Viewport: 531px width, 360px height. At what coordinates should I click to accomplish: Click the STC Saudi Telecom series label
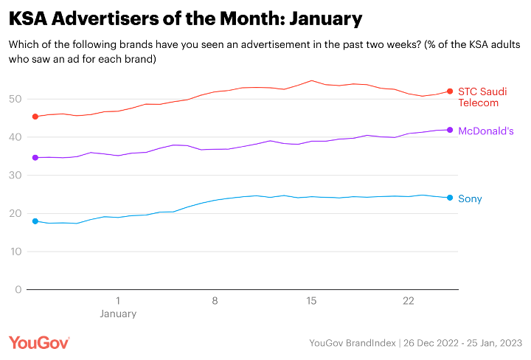(x=482, y=97)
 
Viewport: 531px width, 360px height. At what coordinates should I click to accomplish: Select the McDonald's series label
(x=486, y=131)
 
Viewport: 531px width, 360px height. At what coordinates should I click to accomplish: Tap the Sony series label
(x=470, y=198)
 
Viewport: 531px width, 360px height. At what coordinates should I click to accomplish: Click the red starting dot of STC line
(x=35, y=117)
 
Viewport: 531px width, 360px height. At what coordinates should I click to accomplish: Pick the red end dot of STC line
(x=450, y=91)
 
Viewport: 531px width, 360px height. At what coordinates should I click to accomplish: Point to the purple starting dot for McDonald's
(x=35, y=157)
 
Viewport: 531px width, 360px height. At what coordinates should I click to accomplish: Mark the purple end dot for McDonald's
(x=450, y=130)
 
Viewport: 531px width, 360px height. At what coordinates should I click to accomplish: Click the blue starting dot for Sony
(x=35, y=221)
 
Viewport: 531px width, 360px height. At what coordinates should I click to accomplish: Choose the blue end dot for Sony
(x=450, y=198)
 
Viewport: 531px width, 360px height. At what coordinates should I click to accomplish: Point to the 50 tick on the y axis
(x=15, y=99)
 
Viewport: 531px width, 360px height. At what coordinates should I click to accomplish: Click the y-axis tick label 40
(x=15, y=137)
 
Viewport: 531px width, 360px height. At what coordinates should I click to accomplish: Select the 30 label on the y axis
(x=15, y=176)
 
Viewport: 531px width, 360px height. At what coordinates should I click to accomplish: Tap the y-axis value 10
(x=15, y=252)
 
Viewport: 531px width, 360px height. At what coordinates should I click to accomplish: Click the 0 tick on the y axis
(x=18, y=290)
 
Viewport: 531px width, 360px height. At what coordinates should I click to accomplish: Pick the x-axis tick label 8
(x=215, y=301)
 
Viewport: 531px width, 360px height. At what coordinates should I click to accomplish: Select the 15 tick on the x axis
(x=311, y=301)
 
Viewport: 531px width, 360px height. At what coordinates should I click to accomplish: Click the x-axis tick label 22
(x=409, y=301)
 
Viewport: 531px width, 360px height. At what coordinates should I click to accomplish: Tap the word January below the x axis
(x=118, y=314)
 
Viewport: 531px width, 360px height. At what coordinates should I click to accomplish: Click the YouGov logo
(x=39, y=342)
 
